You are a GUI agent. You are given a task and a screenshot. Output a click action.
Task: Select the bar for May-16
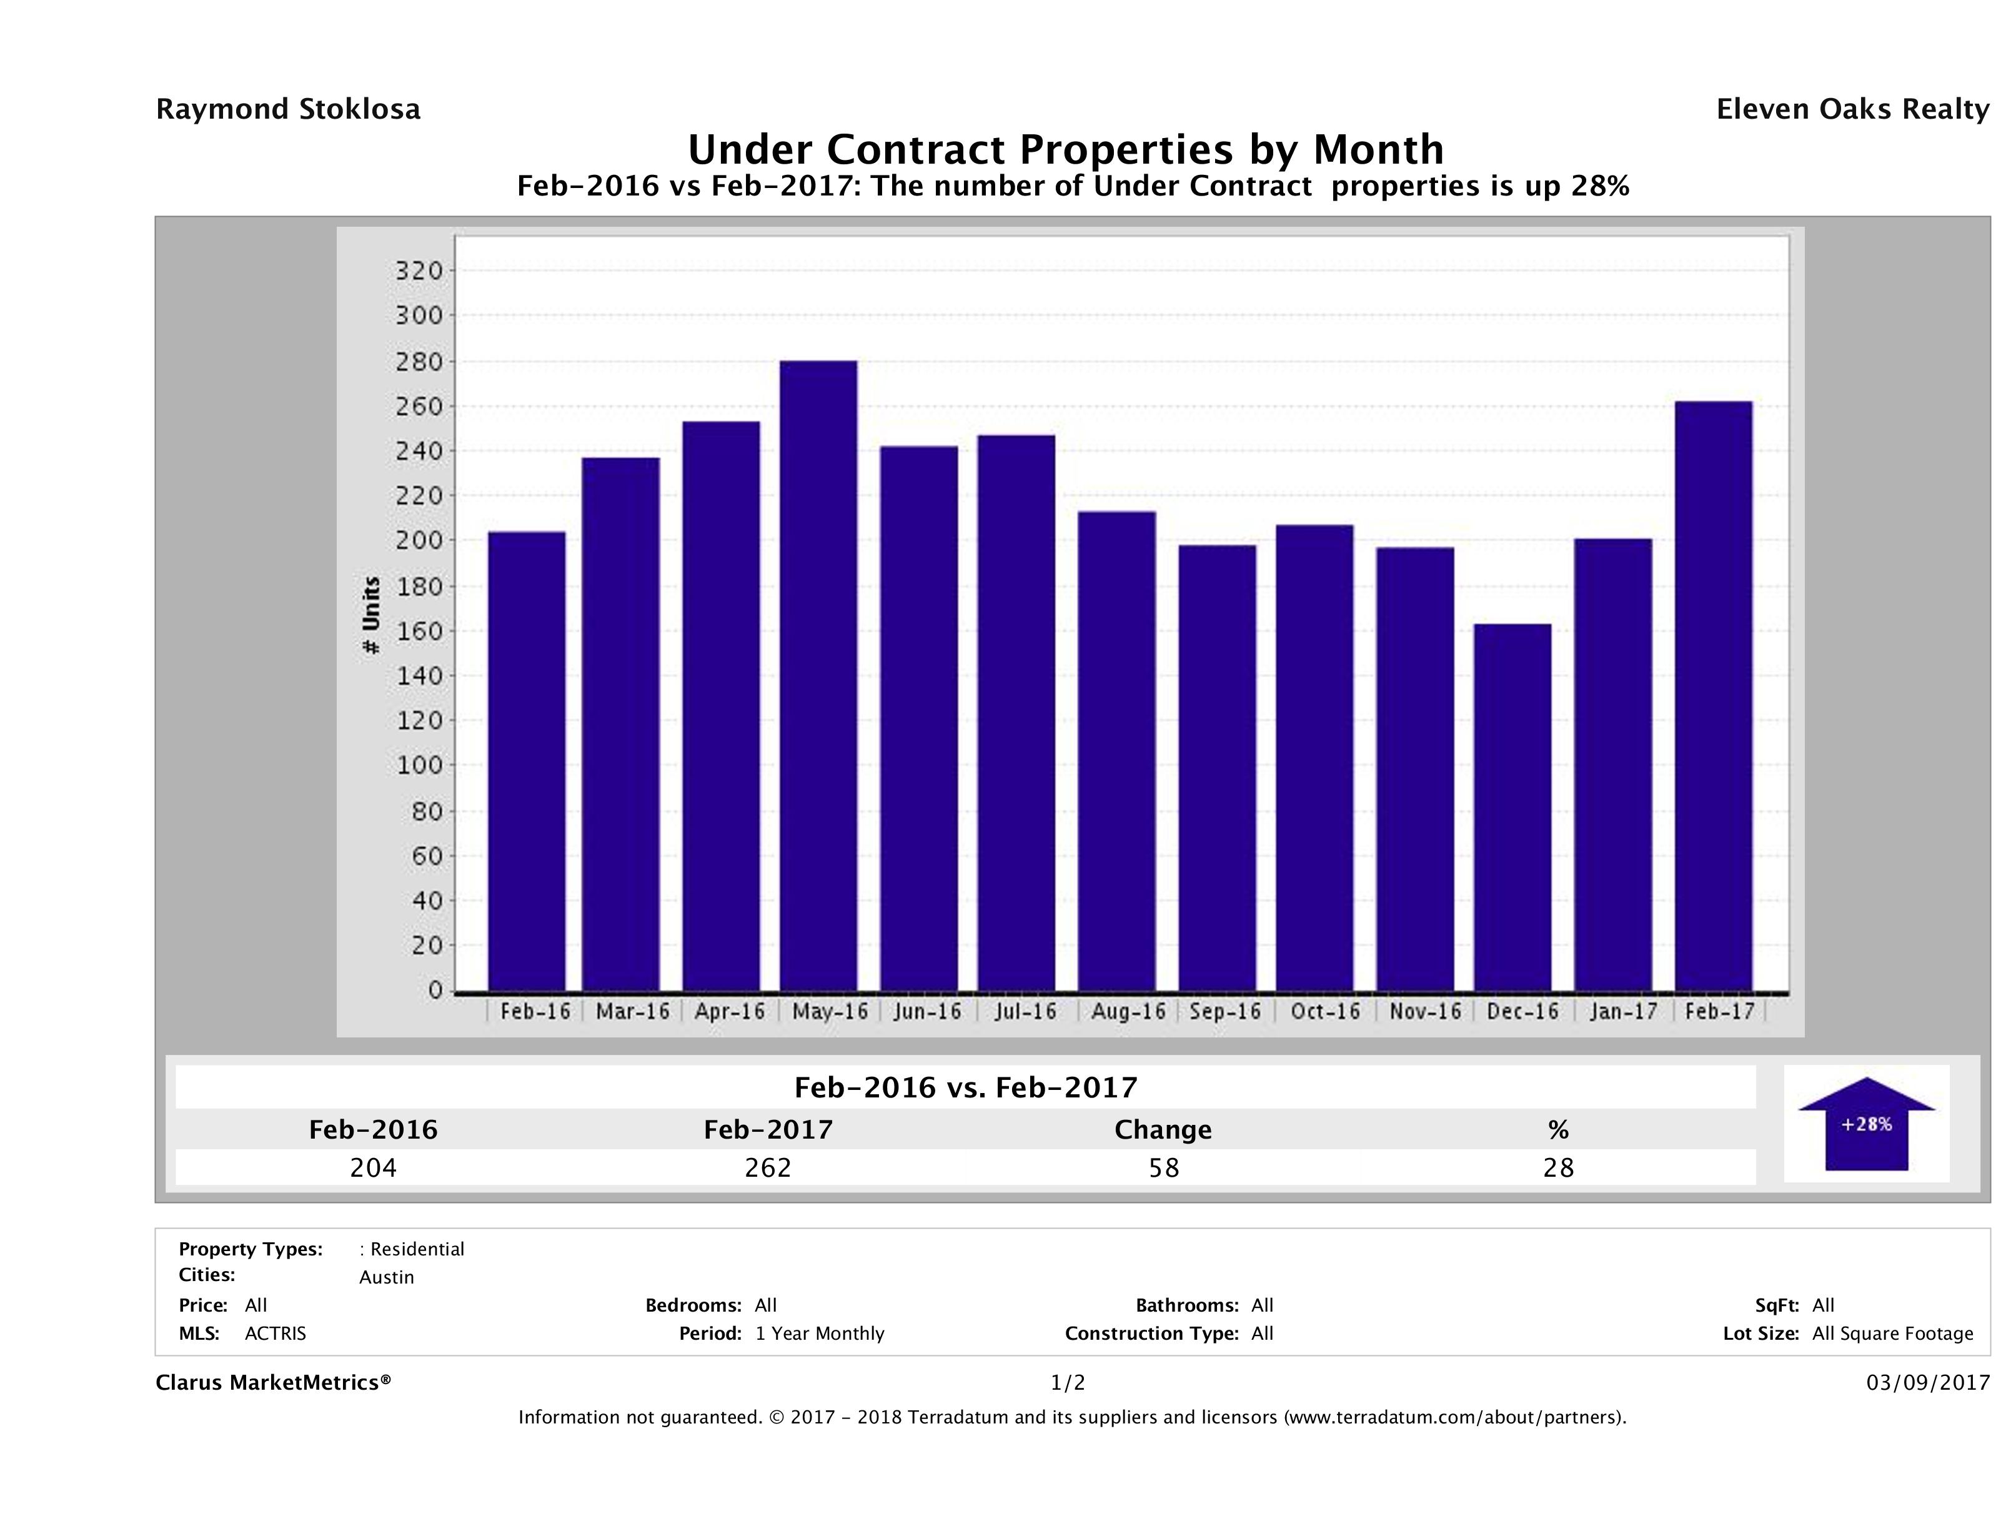pos(818,675)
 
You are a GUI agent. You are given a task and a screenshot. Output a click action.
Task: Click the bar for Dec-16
pos(1512,808)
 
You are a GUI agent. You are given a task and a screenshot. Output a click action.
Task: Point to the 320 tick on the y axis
pos(419,270)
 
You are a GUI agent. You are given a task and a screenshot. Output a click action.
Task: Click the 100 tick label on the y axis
pos(419,765)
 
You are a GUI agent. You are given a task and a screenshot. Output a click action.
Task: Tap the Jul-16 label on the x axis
pos(1025,1011)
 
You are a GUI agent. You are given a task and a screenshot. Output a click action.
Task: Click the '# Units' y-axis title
pos(371,615)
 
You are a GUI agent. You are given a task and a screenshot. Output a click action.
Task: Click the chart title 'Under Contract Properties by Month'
pos(1065,149)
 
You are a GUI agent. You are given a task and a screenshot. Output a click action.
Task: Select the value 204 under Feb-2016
pos(373,1167)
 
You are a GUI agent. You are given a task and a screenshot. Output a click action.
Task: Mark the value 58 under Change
pos(1164,1167)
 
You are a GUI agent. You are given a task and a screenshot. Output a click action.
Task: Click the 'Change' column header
pos(1163,1130)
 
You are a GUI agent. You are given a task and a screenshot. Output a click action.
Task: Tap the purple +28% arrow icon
pos(1865,1124)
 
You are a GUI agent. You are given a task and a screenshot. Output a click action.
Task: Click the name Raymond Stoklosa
pos(288,109)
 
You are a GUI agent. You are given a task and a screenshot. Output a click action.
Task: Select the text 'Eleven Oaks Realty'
pos(1852,109)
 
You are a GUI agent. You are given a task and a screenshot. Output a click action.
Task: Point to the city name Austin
pos(387,1277)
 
